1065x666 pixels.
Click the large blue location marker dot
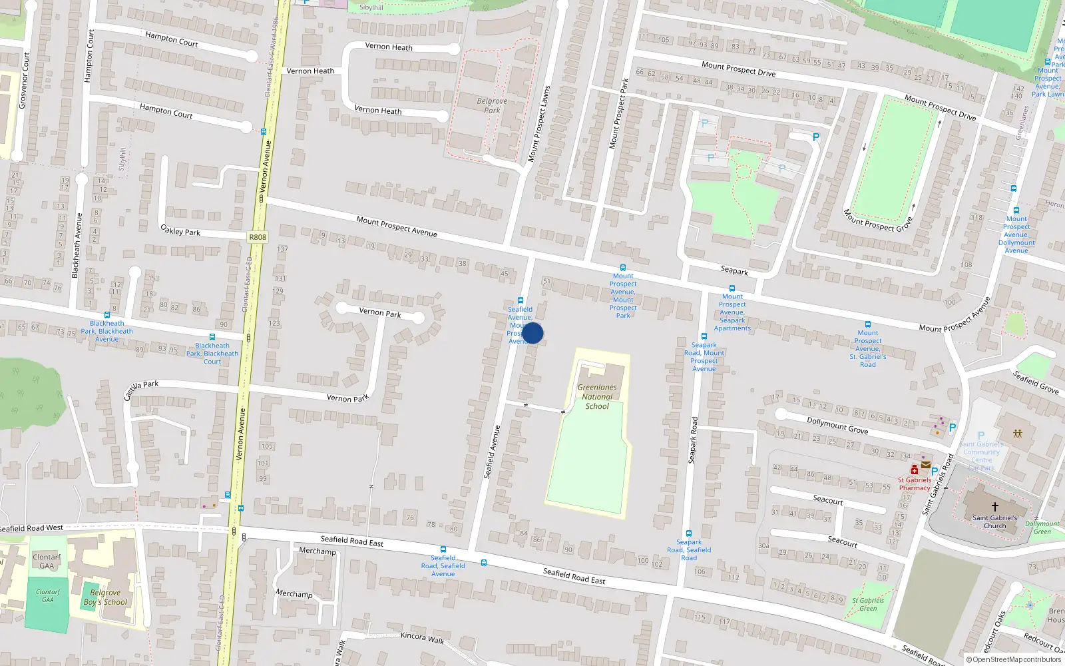532,333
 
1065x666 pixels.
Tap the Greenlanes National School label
597,396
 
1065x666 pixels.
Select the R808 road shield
258,237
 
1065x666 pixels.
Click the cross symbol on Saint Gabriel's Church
995,507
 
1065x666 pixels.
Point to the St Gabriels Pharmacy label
915,484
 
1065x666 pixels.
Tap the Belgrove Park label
492,106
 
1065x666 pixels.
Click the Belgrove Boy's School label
105,597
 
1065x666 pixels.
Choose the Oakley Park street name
180,230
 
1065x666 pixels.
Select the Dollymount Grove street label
837,425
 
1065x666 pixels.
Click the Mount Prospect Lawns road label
538,124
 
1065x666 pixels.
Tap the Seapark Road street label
694,440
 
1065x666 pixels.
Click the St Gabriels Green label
868,604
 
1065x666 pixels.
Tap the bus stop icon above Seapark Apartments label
732,288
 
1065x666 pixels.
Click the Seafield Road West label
31,528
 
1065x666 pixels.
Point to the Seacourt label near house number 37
828,499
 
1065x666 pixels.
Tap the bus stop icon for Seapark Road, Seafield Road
689,533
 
